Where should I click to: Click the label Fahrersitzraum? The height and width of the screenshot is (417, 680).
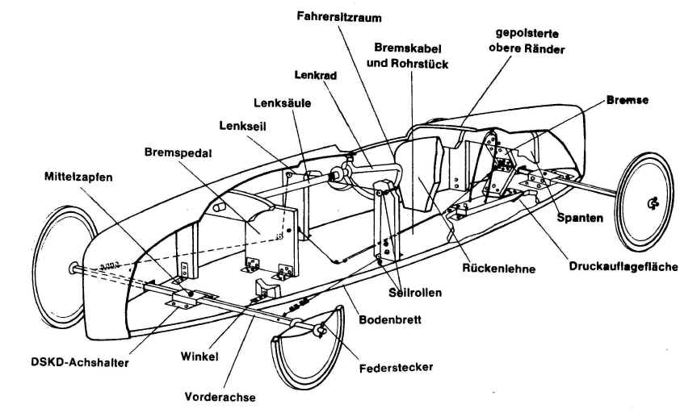338,15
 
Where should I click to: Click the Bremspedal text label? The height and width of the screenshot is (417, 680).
178,151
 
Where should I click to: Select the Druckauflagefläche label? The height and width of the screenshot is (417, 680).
623,266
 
